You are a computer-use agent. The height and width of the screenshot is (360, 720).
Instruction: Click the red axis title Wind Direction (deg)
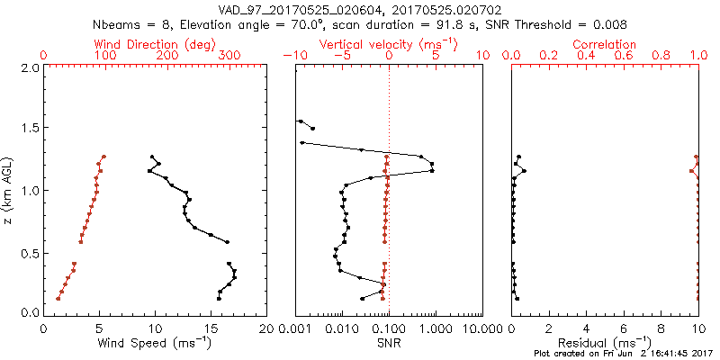(156, 44)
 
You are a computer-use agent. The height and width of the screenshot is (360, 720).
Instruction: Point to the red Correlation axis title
(605, 44)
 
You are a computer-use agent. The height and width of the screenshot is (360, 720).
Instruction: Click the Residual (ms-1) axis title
(605, 343)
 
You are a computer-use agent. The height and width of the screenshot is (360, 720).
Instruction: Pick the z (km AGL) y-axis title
(9, 190)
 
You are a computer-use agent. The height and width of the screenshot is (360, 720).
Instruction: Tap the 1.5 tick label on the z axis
(31, 129)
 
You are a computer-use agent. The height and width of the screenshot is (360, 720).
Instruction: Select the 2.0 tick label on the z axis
(31, 67)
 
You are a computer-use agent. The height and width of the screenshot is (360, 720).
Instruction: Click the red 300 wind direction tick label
(229, 56)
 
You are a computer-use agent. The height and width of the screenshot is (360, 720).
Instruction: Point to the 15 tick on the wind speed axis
(211, 328)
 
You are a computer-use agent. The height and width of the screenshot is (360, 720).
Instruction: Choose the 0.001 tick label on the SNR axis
(295, 328)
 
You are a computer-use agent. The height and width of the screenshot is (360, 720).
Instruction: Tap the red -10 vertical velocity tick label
(292, 56)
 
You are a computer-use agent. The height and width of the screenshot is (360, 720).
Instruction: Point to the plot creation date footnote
(622, 355)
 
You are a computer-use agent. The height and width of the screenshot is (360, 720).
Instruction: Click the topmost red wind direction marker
(103, 157)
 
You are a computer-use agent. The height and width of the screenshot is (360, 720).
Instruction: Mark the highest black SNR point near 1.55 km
(300, 121)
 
